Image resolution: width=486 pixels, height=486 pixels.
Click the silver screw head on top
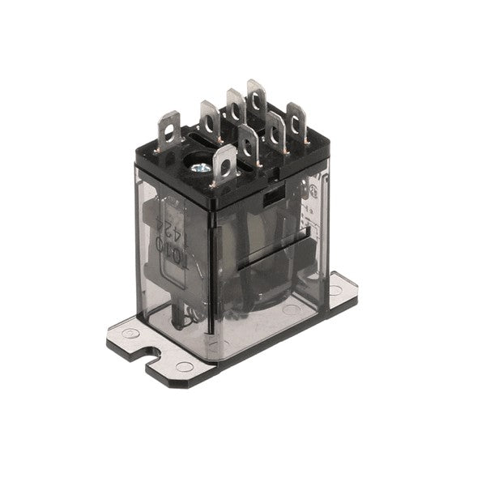point(198,168)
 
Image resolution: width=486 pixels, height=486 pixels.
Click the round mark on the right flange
point(335,289)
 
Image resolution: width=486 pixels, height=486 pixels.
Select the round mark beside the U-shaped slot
point(184,366)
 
